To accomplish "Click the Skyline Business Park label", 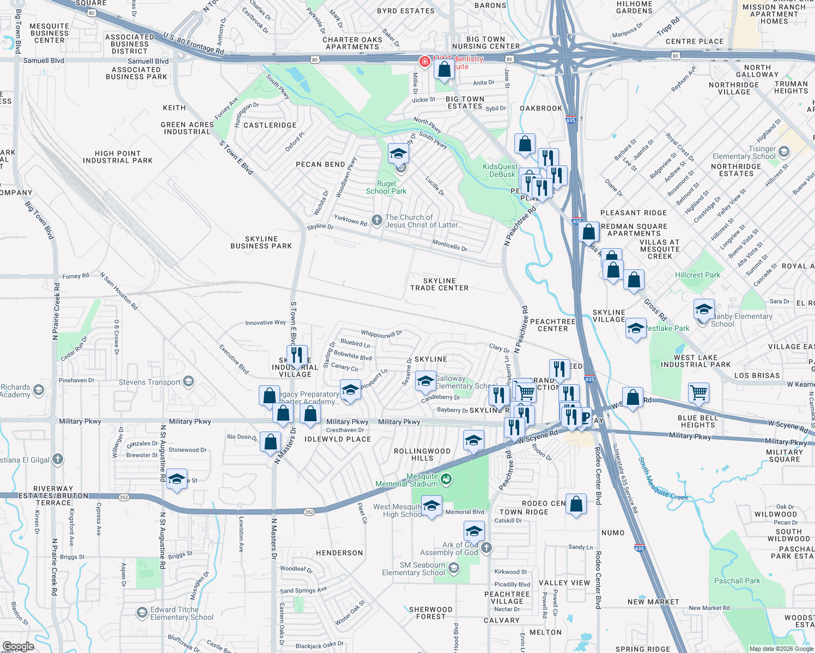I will coord(261,243).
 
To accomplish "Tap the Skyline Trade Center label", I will coord(439,285).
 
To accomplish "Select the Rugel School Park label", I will coord(386,188).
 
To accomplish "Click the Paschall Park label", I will coord(737,581).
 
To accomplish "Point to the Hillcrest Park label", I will coord(697,275).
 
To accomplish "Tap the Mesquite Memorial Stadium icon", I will coord(446,479).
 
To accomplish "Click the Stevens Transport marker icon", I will coord(188,381).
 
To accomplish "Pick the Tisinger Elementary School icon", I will coord(784,152).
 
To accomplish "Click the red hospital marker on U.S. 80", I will coord(424,61).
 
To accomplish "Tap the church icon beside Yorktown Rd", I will coord(376,220).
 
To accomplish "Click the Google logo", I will coord(18,646).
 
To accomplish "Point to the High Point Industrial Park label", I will coord(118,157).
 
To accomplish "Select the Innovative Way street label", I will coord(265,323).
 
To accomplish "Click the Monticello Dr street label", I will coord(449,245).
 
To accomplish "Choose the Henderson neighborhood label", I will coord(339,553).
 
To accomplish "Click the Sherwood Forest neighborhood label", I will coord(430,613).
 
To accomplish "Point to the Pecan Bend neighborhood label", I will coord(320,164).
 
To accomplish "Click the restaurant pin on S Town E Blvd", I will coord(297,355).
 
